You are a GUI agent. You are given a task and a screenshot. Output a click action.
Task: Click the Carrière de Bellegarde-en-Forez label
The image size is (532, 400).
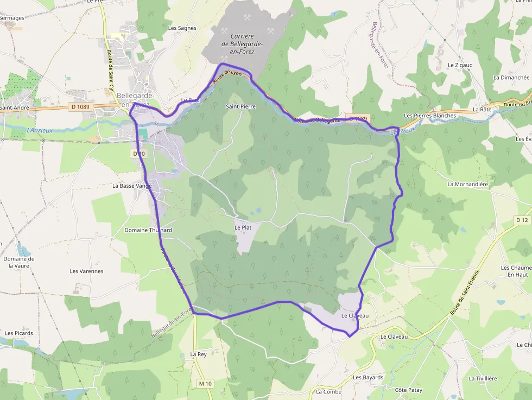pyautogui.click(x=242, y=43)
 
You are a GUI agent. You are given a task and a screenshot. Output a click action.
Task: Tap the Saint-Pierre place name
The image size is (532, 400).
pyautogui.click(x=240, y=106)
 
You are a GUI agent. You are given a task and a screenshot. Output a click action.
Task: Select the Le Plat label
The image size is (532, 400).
pyautogui.click(x=243, y=227)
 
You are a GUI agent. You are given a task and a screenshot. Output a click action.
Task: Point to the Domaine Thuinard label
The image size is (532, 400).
pyautogui.click(x=148, y=230)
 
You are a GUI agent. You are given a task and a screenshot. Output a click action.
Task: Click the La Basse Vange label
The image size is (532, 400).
pyautogui.click(x=132, y=185)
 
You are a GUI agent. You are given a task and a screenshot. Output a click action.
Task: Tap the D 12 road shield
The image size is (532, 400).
pyautogui.click(x=522, y=220)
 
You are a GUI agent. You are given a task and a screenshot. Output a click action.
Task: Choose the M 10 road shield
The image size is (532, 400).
pyautogui.click(x=205, y=384)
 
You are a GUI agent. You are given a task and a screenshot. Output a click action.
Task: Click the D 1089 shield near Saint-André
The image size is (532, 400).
pyautogui.click(x=80, y=107)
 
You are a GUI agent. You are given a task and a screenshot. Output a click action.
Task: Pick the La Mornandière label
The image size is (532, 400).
pyautogui.click(x=467, y=184)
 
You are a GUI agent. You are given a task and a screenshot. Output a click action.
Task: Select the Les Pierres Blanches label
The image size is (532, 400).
pyautogui.click(x=430, y=116)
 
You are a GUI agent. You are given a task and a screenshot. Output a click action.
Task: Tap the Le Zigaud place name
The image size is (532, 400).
pyautogui.click(x=460, y=65)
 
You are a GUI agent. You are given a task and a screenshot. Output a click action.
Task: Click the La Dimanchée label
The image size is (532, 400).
pyautogui.click(x=511, y=78)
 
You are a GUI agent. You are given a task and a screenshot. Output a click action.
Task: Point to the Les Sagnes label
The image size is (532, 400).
pyautogui.click(x=182, y=28)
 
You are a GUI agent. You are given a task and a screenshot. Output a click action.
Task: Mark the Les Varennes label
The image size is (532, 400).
pyautogui.click(x=86, y=271)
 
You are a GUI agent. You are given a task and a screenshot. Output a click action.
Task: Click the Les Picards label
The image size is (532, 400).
pyautogui.click(x=19, y=333)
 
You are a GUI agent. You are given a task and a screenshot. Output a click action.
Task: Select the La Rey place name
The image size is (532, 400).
pyautogui.click(x=198, y=354)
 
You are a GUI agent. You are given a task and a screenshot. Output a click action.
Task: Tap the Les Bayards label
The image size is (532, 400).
pyautogui.click(x=368, y=377)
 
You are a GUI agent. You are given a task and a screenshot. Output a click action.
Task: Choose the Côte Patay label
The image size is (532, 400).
pyautogui.click(x=408, y=390)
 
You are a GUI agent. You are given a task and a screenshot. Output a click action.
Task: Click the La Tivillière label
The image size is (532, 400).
pyautogui.click(x=483, y=378)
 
